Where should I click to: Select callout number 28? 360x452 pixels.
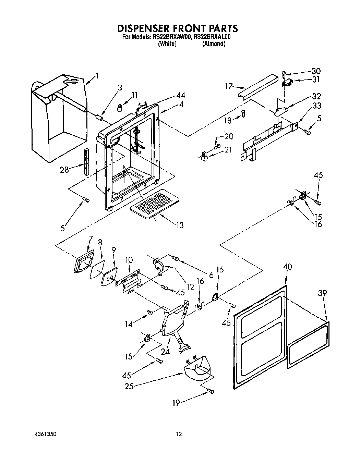64,169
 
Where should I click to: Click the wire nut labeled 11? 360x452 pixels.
119,108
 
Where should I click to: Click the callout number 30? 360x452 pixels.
316,71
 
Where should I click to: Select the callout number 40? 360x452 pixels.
288,267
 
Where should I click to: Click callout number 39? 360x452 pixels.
322,293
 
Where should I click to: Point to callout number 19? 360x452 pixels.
176,403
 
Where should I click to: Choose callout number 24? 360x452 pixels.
166,351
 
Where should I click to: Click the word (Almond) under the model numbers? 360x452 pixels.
214,44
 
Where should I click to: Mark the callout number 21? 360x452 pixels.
228,149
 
